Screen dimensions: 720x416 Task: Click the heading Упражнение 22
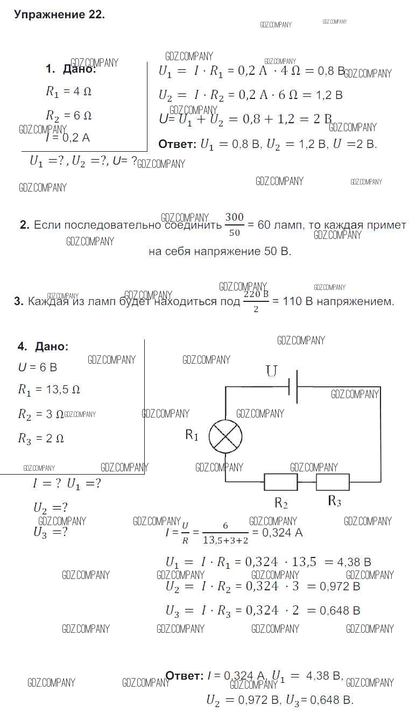coord(59,15)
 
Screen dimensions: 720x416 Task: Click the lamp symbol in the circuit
coord(225,436)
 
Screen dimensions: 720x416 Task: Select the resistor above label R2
coord(280,482)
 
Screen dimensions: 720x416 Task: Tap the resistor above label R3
coord(333,482)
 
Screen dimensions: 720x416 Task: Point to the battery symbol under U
coord(293,386)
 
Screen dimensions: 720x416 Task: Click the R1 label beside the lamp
coord(192,435)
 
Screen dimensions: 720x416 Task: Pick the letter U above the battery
coord(272,371)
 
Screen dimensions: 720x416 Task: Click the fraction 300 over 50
coord(234,225)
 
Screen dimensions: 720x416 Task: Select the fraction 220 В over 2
coord(256,302)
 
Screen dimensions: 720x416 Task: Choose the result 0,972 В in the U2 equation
coord(340,587)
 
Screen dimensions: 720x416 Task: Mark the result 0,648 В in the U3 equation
coord(340,611)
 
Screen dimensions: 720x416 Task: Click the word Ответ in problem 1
coord(177,144)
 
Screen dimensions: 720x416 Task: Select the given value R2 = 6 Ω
coord(68,116)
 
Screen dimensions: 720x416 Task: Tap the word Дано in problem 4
coord(52,347)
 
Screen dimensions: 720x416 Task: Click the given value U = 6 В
coord(37,368)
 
